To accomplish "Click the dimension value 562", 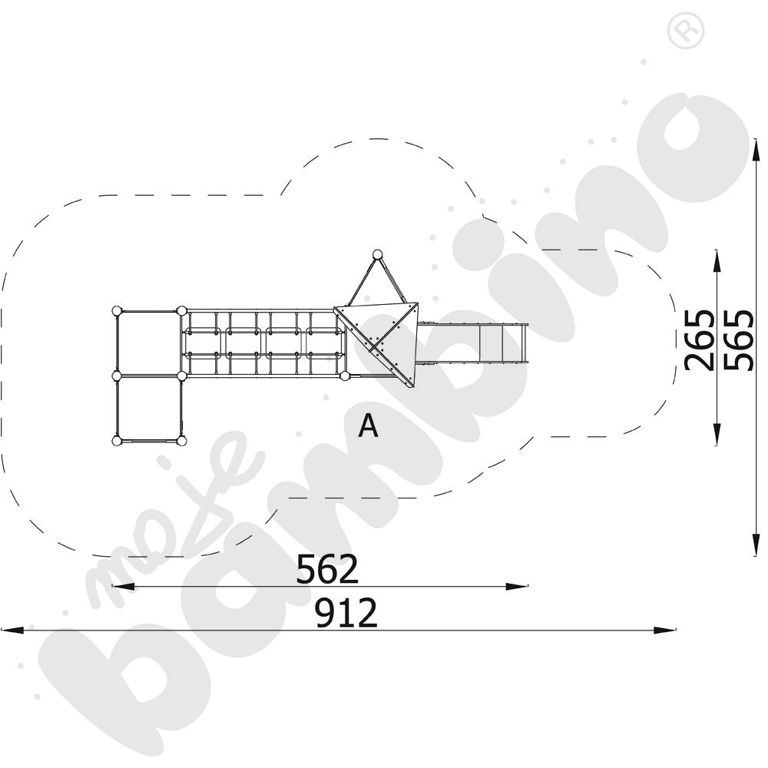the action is pyautogui.click(x=327, y=569).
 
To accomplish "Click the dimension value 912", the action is pyautogui.click(x=346, y=613).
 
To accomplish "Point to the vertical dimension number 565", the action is pyautogui.click(x=738, y=340).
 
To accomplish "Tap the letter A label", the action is pyautogui.click(x=369, y=425).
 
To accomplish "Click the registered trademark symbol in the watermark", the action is pyautogui.click(x=686, y=31).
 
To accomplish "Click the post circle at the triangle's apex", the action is pyautogui.click(x=377, y=255).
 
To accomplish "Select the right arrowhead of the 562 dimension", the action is pyautogui.click(x=517, y=586).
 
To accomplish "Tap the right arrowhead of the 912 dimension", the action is pyautogui.click(x=664, y=630).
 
